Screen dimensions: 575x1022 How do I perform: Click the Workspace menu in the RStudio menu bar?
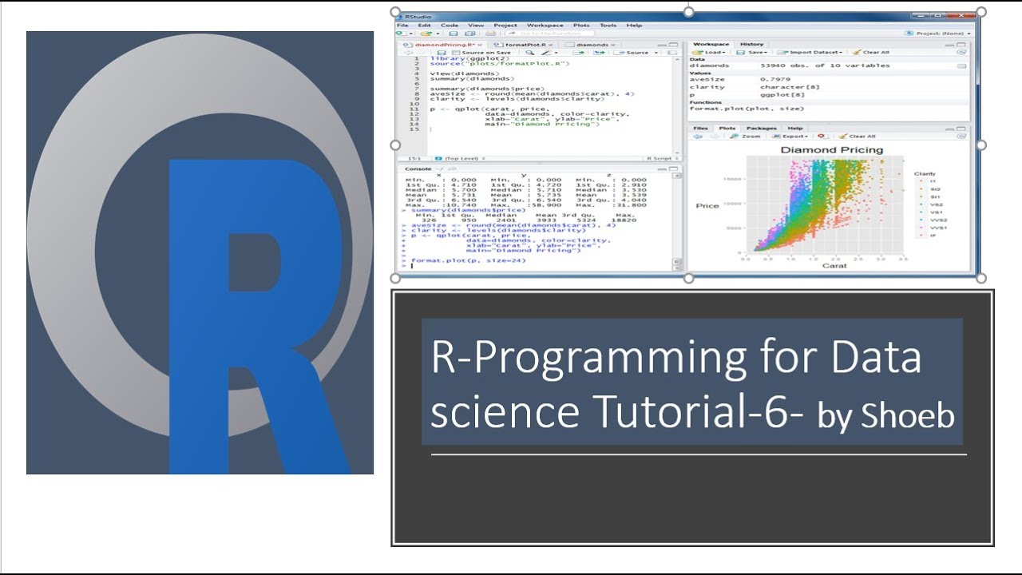[x=545, y=26]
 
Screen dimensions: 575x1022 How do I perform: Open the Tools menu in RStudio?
[x=608, y=26]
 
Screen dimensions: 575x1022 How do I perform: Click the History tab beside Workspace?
[x=751, y=45]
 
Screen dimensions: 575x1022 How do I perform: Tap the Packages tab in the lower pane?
[x=761, y=128]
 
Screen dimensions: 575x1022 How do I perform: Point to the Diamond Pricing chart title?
[x=831, y=149]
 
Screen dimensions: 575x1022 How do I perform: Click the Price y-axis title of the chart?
[x=707, y=206]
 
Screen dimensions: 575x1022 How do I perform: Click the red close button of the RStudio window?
[x=968, y=14]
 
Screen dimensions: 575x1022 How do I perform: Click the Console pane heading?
[x=418, y=169]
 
